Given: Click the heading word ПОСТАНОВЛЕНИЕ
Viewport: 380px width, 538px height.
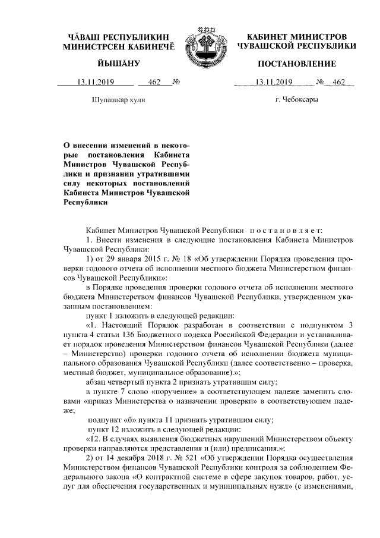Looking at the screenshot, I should point(296,64).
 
